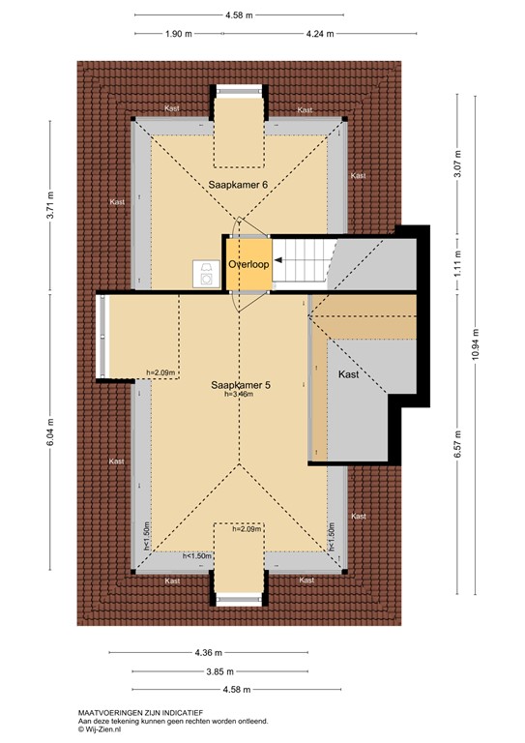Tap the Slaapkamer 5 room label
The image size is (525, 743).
242,385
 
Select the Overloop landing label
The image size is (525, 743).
248,263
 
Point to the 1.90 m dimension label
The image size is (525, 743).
180,33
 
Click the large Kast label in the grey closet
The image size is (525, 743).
347,373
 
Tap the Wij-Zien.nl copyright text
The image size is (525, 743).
102,730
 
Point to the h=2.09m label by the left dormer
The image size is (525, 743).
160,372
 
